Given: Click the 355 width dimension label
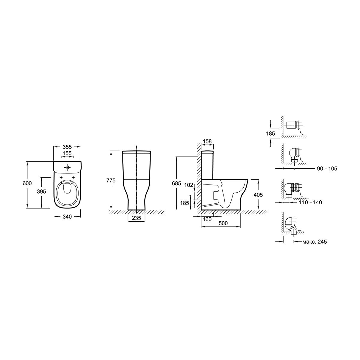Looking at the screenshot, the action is [67, 147].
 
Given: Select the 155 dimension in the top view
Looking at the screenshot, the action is [67, 153].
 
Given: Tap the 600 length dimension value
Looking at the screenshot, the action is [27, 184].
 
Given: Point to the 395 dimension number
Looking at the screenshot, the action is [41, 191].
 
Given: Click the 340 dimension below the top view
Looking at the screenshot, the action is [67, 217].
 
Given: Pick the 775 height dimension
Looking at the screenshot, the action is [111, 181].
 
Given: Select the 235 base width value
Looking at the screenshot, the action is [136, 218].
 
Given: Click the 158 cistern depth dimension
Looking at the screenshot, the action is [207, 142].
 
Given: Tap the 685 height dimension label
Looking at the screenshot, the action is [176, 184].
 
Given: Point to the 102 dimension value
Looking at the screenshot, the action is [188, 185].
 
